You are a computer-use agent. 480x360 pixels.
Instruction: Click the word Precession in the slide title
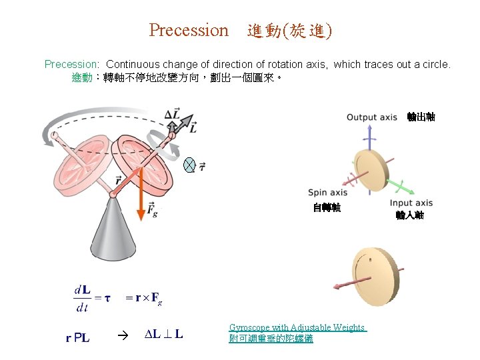[188, 31]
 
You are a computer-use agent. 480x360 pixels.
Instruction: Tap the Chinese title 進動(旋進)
[289, 31]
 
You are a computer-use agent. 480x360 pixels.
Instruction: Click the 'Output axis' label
[371, 118]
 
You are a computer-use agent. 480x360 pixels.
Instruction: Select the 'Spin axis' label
[327, 193]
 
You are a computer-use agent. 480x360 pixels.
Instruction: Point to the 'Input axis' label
[411, 203]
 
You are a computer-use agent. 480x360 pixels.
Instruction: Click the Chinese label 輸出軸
[421, 117]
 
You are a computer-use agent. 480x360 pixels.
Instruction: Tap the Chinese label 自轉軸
[327, 208]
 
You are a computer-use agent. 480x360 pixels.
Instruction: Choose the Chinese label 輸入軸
[410, 215]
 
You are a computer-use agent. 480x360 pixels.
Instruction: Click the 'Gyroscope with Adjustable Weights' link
[297, 327]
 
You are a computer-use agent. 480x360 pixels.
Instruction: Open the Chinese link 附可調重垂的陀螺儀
[271, 339]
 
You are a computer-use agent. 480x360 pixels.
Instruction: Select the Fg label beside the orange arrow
[152, 212]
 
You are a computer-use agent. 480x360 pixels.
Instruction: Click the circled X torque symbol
[189, 166]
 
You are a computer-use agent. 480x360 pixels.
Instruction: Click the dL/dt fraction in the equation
[82, 298]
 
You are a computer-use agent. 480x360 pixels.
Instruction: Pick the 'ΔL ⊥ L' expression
[164, 335]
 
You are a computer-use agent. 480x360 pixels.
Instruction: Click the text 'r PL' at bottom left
[78, 338]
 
